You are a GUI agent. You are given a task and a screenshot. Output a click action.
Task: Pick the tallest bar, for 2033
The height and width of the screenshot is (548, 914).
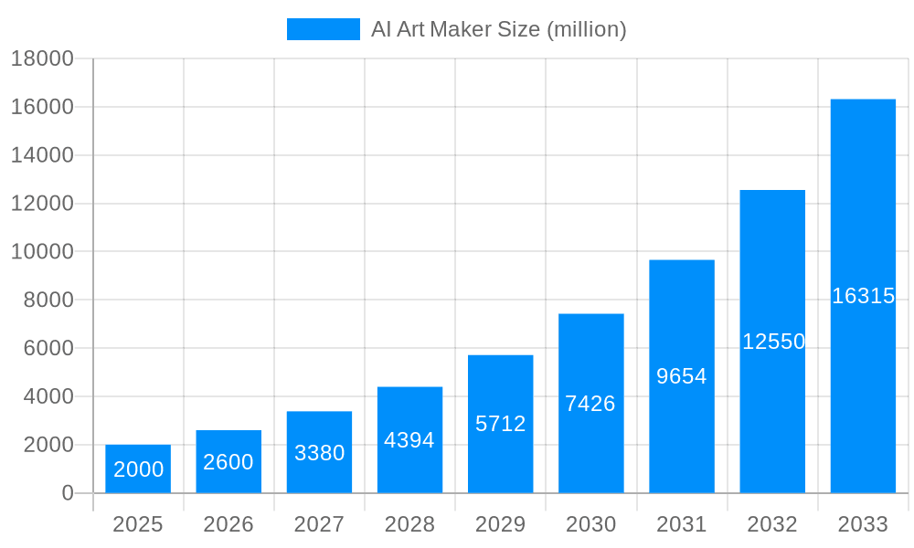(x=863, y=201)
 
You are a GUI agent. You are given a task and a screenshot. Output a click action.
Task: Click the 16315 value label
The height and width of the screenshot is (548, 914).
(x=863, y=296)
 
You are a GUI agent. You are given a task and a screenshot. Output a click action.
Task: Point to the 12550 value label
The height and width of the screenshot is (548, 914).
(x=773, y=342)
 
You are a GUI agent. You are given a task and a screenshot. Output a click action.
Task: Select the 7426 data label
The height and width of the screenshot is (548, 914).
(x=590, y=404)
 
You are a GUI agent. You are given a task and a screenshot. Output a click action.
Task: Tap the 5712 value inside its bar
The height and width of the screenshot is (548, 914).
(x=500, y=424)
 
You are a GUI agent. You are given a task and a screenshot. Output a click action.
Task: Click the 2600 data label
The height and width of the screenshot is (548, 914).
(x=228, y=462)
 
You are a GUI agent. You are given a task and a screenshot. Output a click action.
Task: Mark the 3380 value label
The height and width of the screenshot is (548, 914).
(x=319, y=453)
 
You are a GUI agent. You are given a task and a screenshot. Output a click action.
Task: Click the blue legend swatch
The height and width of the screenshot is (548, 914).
(x=323, y=29)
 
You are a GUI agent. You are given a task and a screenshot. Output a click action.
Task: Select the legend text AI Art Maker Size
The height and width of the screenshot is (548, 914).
(x=498, y=29)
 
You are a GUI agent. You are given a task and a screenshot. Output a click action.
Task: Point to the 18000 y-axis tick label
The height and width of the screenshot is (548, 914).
(x=42, y=59)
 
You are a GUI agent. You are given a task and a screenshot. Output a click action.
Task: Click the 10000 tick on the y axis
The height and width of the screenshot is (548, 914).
(x=42, y=252)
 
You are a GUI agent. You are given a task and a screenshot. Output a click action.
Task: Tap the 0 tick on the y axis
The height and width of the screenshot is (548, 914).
(x=67, y=493)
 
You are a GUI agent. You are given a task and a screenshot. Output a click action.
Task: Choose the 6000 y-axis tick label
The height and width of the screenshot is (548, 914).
(x=42, y=349)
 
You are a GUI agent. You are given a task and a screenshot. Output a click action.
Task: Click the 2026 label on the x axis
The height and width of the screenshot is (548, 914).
(x=228, y=524)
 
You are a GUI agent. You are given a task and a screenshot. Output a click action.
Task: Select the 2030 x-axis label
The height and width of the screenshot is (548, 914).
(x=590, y=524)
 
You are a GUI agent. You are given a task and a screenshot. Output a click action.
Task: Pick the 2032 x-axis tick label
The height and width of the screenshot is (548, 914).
(x=772, y=524)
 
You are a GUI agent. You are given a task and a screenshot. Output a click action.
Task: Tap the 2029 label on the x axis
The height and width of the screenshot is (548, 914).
(x=500, y=524)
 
